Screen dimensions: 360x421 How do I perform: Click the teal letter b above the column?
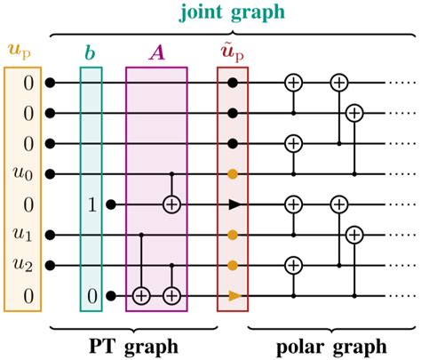(x=91, y=52)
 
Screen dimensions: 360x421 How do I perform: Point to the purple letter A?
(x=156, y=52)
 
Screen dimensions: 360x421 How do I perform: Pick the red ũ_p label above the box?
(x=233, y=51)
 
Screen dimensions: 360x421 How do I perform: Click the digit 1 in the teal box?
(x=91, y=204)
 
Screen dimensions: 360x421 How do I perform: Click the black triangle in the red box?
(x=233, y=204)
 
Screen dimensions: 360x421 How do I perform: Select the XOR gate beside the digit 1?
(x=171, y=204)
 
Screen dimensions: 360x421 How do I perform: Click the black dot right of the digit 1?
(x=111, y=204)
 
